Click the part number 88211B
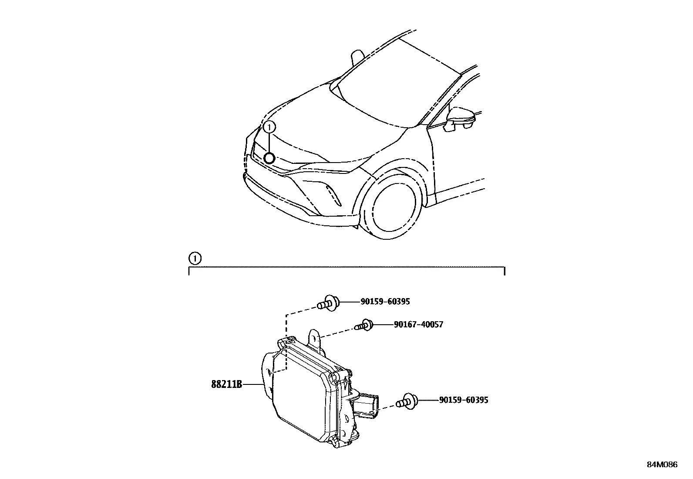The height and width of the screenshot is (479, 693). (x=226, y=384)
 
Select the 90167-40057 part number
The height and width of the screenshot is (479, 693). (x=418, y=324)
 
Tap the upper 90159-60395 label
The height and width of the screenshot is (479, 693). (x=385, y=302)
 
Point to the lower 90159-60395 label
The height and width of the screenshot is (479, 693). (x=464, y=400)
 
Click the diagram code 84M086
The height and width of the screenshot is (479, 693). (x=662, y=465)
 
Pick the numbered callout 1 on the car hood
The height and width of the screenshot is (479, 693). (x=269, y=126)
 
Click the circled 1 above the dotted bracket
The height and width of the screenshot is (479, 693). (x=195, y=258)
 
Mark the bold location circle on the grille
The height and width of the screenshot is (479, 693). (x=269, y=158)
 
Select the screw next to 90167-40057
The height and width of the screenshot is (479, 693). (x=364, y=325)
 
